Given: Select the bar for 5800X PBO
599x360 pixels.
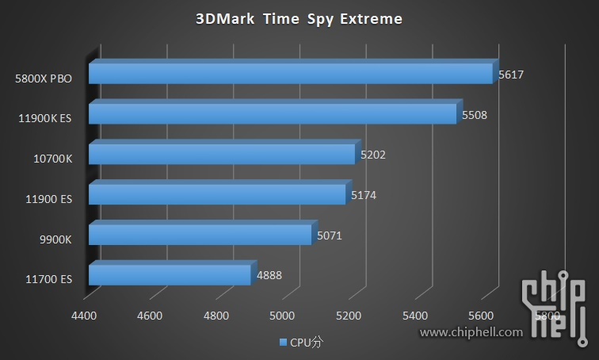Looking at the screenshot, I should pyautogui.click(x=290, y=73).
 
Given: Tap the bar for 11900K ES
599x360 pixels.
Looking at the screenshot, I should pyautogui.click(x=273, y=113).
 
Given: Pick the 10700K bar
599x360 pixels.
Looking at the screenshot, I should pyautogui.click(x=222, y=153).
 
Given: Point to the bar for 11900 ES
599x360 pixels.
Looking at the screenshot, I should pyautogui.click(x=217, y=193).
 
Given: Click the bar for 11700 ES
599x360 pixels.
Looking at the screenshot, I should pyautogui.click(x=170, y=274).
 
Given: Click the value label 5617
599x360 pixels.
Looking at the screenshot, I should pyautogui.click(x=511, y=75).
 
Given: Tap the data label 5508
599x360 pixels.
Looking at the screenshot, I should pyautogui.click(x=474, y=115).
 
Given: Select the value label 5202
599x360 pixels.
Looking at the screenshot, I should pyautogui.click(x=372, y=155).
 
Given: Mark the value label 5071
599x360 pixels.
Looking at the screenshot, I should pyautogui.click(x=329, y=236).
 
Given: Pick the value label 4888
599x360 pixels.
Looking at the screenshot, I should pyautogui.click(x=269, y=276).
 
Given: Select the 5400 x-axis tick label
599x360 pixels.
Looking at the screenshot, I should pyautogui.click(x=414, y=316).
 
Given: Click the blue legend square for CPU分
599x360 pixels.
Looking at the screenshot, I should pyautogui.click(x=282, y=343).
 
